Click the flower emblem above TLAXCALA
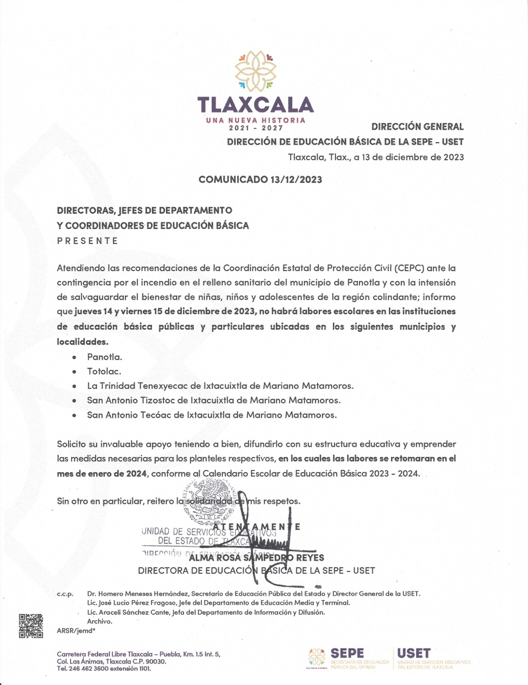256,71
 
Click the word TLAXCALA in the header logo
255,105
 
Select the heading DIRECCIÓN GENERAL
417,127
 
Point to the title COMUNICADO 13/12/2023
260,179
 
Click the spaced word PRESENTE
88,241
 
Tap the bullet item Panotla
104,357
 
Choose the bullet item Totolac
104,371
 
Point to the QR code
31,626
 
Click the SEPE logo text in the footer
347,653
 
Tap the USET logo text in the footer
414,653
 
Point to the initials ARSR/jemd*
76,631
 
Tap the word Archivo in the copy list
99,621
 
